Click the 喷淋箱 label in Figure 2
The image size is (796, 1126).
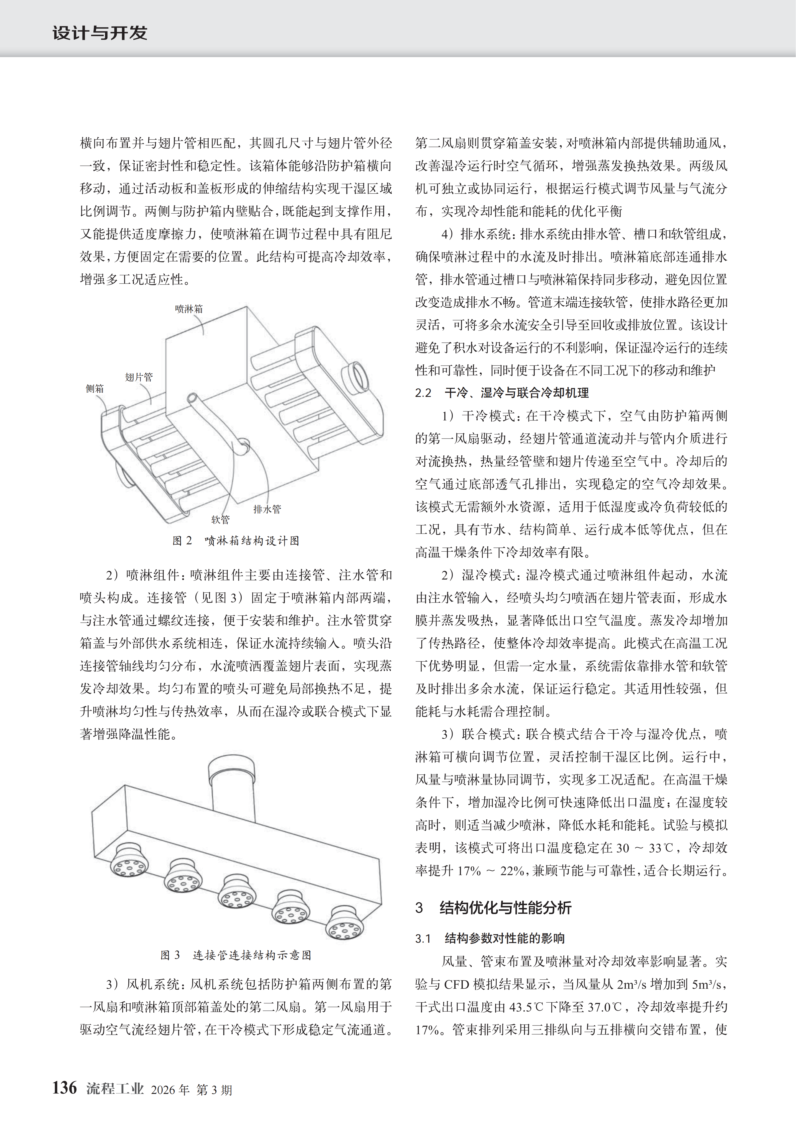pyautogui.click(x=189, y=309)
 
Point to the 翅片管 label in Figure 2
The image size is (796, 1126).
pyautogui.click(x=139, y=377)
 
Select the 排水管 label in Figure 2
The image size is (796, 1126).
pyautogui.click(x=267, y=509)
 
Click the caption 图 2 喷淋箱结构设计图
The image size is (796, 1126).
pyautogui.click(x=236, y=541)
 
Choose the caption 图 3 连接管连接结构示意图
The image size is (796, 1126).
pyautogui.click(x=236, y=955)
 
